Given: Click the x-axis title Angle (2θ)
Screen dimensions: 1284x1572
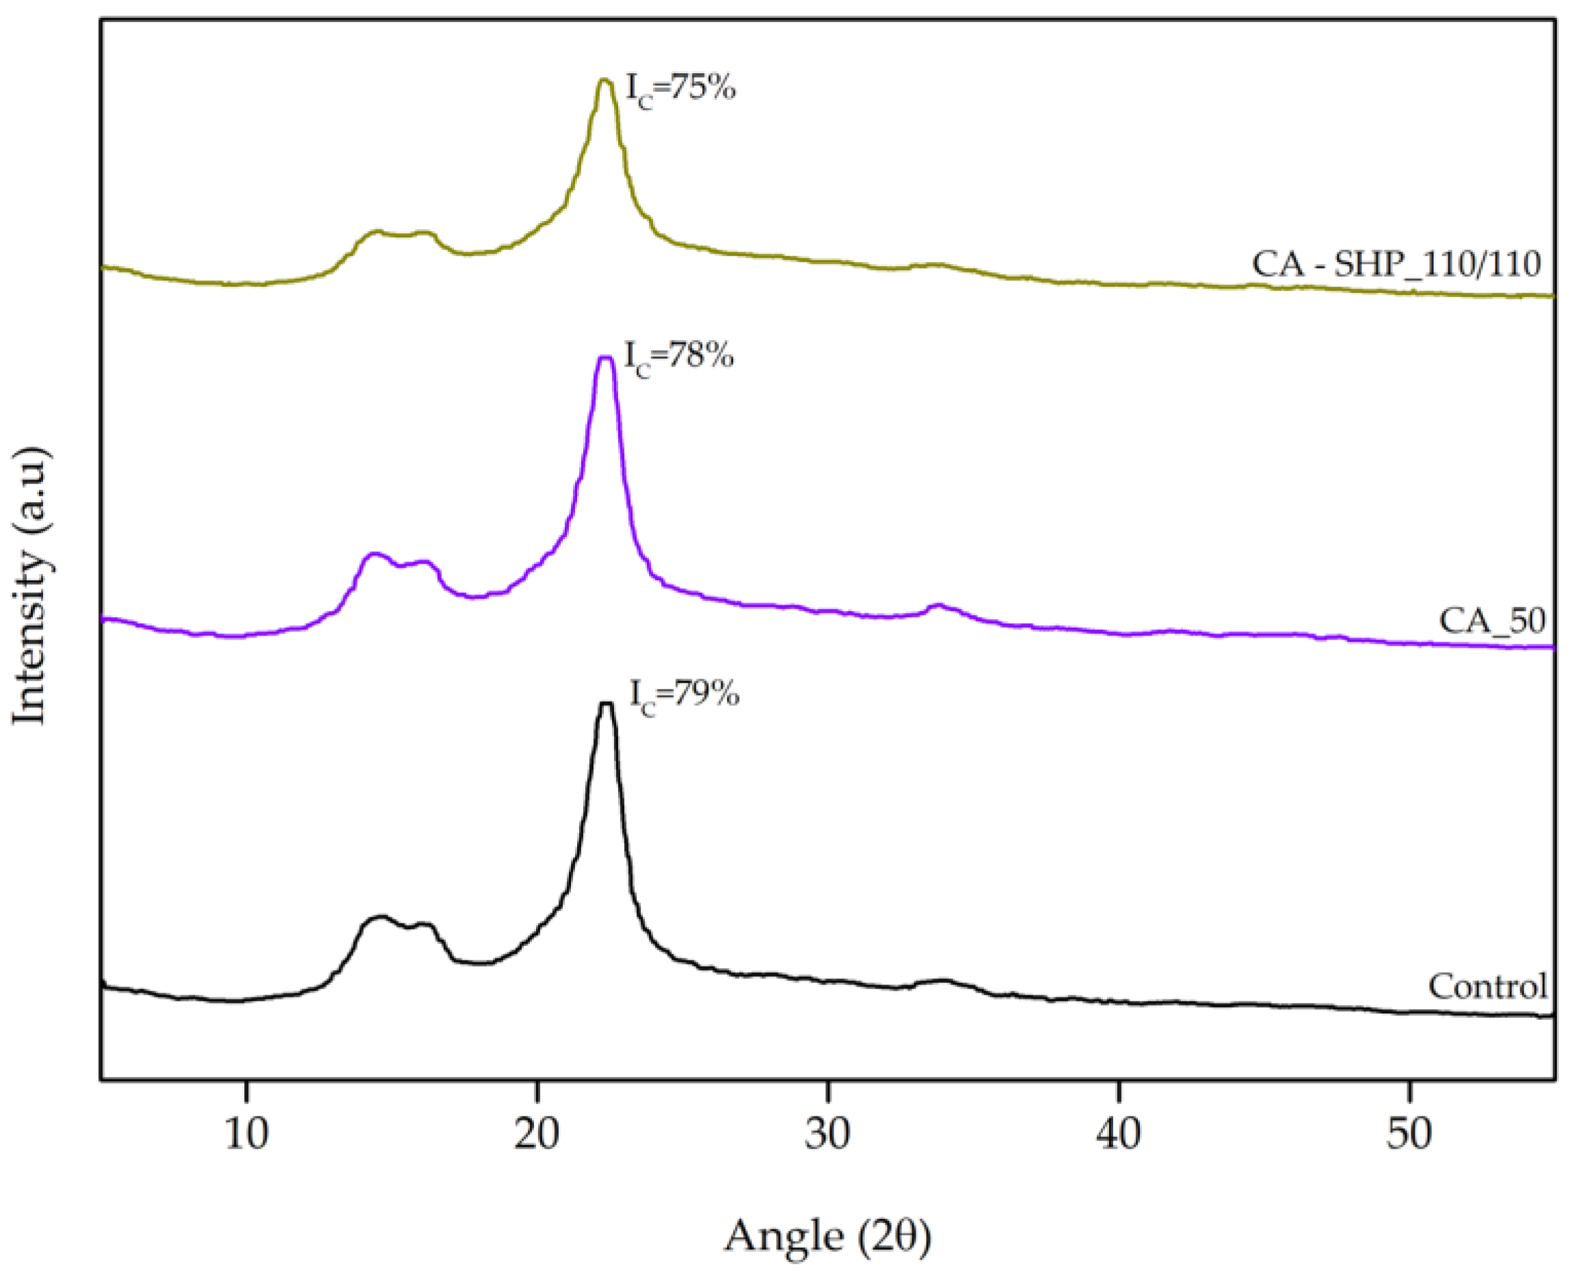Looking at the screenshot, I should (x=827, y=1236).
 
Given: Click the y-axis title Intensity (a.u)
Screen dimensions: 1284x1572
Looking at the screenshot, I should (x=31, y=586).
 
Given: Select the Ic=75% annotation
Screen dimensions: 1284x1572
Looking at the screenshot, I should (x=680, y=90).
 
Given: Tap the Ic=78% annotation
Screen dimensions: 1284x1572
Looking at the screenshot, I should (x=678, y=357).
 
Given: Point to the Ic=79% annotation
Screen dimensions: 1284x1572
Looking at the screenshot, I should (x=683, y=695).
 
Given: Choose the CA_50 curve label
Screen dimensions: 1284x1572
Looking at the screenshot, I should (x=1492, y=620).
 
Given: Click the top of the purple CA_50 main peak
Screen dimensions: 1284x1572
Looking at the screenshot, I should (x=605, y=358).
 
